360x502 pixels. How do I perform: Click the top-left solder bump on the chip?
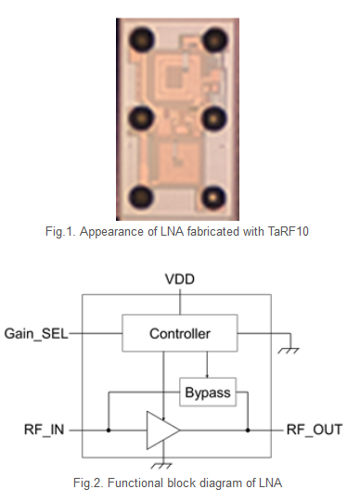(143, 39)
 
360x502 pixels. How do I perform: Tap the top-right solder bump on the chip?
(215, 39)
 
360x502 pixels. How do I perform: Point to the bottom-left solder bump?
(143, 196)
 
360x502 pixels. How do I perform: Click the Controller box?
(179, 333)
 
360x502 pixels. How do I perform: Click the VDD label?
(179, 279)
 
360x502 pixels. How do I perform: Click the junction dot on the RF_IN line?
(109, 431)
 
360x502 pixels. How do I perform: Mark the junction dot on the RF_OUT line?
(249, 431)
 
